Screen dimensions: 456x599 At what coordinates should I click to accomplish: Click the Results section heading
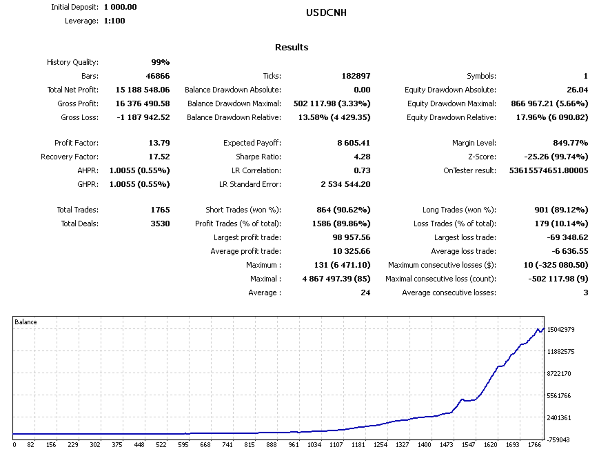click(292, 48)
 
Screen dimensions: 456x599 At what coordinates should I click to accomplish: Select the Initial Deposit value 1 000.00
click(121, 7)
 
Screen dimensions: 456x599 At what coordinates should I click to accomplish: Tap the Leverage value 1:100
click(114, 21)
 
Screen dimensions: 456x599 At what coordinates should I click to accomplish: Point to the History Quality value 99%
click(160, 62)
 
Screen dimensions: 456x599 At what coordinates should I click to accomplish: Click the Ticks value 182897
click(356, 76)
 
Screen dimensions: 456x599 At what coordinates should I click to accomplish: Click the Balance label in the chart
click(26, 321)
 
